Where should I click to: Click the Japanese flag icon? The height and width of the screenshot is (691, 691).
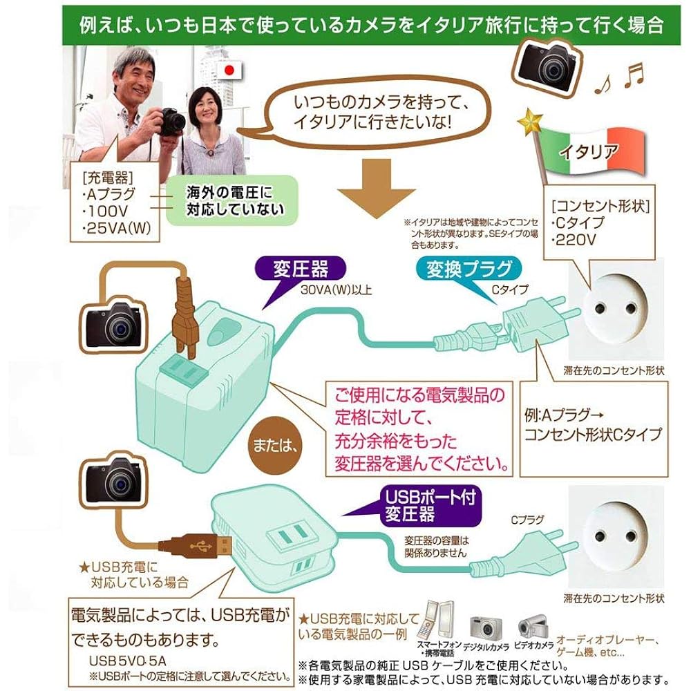coord(229,70)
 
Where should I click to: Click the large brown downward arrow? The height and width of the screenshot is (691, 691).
coord(376,188)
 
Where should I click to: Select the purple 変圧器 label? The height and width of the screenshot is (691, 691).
coord(301,268)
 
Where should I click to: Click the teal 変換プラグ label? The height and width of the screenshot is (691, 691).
coord(469,269)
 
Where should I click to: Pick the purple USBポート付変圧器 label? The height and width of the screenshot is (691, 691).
coord(430,506)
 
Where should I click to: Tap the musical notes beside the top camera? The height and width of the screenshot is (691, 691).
coord(618,78)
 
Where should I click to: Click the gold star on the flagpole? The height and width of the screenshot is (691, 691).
coord(531,122)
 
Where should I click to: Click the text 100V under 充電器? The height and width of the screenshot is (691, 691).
coord(105,211)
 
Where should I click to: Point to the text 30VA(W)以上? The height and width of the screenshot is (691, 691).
coord(337,290)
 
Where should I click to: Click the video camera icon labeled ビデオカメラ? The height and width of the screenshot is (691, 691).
coord(533,627)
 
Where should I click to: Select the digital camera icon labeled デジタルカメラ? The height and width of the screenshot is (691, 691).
coord(486,628)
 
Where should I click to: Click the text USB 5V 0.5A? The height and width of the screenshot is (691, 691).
coord(127,661)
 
